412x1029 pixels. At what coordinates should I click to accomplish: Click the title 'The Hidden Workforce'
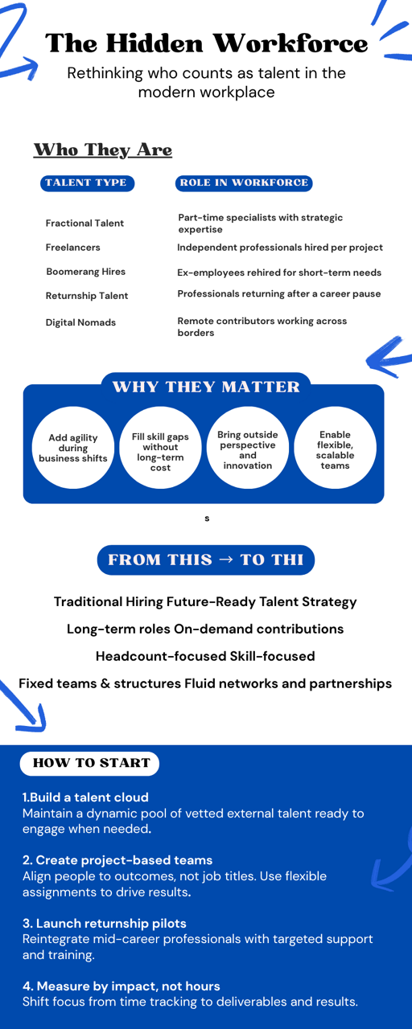point(207,43)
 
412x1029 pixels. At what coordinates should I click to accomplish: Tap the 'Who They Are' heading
point(103,150)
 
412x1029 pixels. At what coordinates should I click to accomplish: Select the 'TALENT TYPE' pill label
point(88,182)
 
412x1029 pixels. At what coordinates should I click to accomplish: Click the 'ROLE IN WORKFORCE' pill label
point(244,182)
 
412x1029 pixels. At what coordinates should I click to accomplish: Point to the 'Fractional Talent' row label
point(84,223)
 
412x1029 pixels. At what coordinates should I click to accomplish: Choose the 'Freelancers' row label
point(72,248)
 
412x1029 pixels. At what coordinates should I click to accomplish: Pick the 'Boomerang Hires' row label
point(85,272)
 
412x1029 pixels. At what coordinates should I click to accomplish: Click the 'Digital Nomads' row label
point(80,322)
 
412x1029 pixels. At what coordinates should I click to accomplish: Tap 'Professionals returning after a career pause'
point(279,293)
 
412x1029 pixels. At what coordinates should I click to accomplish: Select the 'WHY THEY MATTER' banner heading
point(206,387)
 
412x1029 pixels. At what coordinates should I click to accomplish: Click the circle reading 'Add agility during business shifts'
point(73,448)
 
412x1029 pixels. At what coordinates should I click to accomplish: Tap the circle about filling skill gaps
point(160,448)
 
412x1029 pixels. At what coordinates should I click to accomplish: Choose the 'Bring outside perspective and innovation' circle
point(248,448)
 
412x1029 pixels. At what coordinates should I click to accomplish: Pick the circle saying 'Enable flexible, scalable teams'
point(336,448)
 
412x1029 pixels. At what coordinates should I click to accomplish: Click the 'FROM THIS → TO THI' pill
point(206,560)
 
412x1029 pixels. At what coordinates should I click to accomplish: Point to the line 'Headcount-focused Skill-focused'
point(205,656)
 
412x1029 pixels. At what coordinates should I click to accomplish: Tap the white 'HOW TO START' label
point(89,763)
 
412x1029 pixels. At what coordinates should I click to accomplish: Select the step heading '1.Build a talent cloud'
point(85,797)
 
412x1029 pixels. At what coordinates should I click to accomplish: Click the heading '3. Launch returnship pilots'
point(105,923)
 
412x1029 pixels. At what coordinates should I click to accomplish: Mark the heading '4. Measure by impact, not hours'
point(122,986)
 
